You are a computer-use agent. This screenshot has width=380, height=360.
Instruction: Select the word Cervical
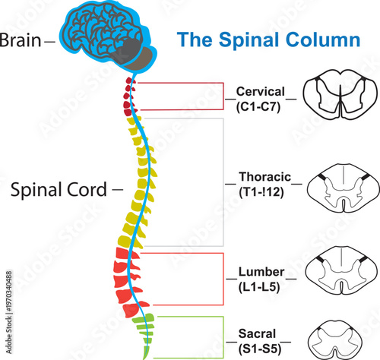(x=258, y=93)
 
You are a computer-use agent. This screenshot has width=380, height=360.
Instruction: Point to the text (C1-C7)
(x=258, y=106)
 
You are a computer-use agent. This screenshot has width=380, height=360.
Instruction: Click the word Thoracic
(x=258, y=176)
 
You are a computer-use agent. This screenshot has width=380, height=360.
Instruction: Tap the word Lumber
(x=258, y=271)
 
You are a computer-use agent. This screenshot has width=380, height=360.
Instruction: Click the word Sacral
(x=258, y=333)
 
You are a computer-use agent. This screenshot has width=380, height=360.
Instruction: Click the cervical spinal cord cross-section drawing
(x=340, y=99)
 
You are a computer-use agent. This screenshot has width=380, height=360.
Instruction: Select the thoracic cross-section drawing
(x=340, y=184)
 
